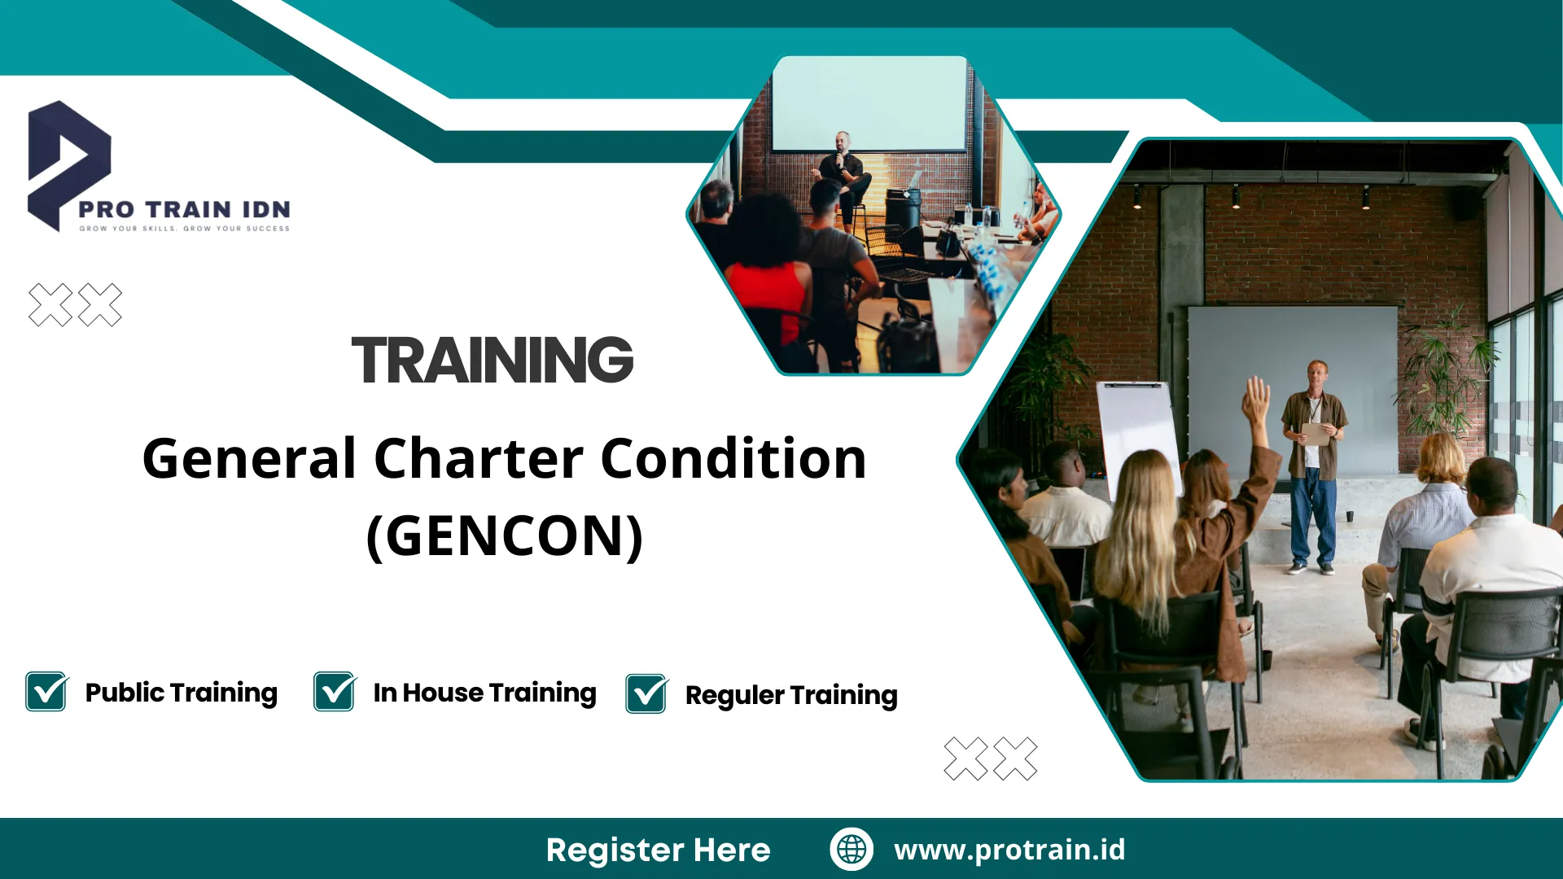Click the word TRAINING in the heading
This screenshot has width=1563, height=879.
(493, 360)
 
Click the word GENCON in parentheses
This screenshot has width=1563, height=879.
(505, 536)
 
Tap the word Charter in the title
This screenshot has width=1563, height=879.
(479, 458)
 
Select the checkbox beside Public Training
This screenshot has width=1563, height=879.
(46, 692)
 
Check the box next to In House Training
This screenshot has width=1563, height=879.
(335, 692)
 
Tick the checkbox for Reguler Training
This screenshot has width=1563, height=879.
(647, 694)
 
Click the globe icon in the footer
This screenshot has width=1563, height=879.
(852, 849)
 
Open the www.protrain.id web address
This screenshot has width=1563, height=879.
(1009, 850)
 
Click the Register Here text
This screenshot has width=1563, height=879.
(658, 850)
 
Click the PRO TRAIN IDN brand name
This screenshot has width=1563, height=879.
(184, 209)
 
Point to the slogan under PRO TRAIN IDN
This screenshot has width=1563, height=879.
(184, 229)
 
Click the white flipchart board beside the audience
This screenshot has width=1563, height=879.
(1138, 435)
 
